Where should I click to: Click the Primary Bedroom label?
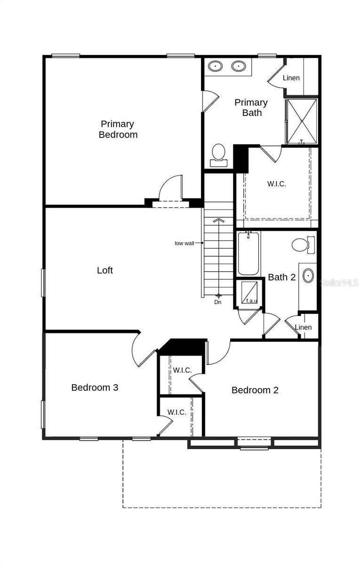pyautogui.click(x=117, y=129)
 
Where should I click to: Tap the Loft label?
pyautogui.click(x=105, y=270)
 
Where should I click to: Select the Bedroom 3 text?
pyautogui.click(x=95, y=387)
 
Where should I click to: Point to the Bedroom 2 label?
pyautogui.click(x=255, y=390)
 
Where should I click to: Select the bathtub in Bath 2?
pyautogui.click(x=248, y=254)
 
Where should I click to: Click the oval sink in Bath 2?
pyautogui.click(x=308, y=275)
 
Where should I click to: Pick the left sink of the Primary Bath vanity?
pyautogui.click(x=216, y=66)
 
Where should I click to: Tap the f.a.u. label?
pyautogui.click(x=252, y=300)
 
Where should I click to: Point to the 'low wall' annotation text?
pyautogui.click(x=184, y=243)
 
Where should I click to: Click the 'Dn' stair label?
pyautogui.click(x=217, y=302)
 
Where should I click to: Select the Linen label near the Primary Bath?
pyautogui.click(x=291, y=78)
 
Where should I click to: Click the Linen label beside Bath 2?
pyautogui.click(x=303, y=327)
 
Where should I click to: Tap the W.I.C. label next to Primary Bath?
pyautogui.click(x=276, y=184)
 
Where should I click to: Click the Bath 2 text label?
pyautogui.click(x=281, y=277)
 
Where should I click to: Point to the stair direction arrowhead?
pyautogui.click(x=218, y=219)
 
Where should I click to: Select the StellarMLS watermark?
pyautogui.click(x=339, y=282)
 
